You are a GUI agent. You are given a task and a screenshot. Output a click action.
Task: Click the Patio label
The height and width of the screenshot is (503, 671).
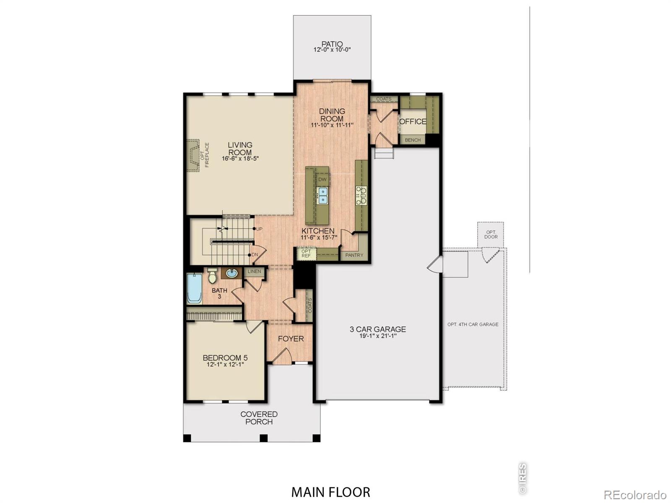[332, 44]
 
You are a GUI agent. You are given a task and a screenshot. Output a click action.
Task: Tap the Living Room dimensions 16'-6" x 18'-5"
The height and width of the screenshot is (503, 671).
[240, 159]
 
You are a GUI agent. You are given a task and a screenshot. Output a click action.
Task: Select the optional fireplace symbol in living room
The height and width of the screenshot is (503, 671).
[194, 155]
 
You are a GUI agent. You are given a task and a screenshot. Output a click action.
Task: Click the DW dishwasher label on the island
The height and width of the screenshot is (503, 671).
[322, 179]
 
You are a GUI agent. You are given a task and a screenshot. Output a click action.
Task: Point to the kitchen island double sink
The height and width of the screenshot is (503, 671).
[322, 195]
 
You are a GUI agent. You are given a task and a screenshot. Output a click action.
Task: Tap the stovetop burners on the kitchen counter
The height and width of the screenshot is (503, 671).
[361, 196]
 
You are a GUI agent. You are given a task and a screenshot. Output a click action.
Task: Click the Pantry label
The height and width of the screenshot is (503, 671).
[354, 255]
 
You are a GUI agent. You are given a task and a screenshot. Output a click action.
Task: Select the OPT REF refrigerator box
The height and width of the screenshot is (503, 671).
[306, 254]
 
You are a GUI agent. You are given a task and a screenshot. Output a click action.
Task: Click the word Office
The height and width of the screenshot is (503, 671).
[413, 122]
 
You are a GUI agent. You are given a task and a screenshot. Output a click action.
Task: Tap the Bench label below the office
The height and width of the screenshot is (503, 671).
[413, 140]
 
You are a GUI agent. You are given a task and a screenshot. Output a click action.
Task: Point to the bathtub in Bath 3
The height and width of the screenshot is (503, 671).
[194, 288]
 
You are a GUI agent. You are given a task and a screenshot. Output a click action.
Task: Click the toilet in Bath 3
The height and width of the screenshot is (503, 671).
[213, 275]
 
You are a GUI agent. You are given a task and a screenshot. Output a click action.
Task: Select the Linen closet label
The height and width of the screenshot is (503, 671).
[254, 271]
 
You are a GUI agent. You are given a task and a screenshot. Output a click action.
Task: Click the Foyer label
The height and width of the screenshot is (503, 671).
[291, 339]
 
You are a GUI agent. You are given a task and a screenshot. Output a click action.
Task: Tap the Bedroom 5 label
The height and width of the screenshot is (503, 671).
[225, 358]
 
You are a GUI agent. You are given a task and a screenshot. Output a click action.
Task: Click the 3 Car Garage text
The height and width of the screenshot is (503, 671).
[378, 329]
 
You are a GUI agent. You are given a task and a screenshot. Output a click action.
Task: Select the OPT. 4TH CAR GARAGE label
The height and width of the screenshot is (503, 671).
[473, 324]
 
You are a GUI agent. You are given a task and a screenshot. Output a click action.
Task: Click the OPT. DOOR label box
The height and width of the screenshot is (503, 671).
[491, 234]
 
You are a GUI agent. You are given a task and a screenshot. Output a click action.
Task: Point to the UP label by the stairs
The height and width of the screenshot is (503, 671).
[259, 229]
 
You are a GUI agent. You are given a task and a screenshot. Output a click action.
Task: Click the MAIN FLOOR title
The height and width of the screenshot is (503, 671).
[330, 492]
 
